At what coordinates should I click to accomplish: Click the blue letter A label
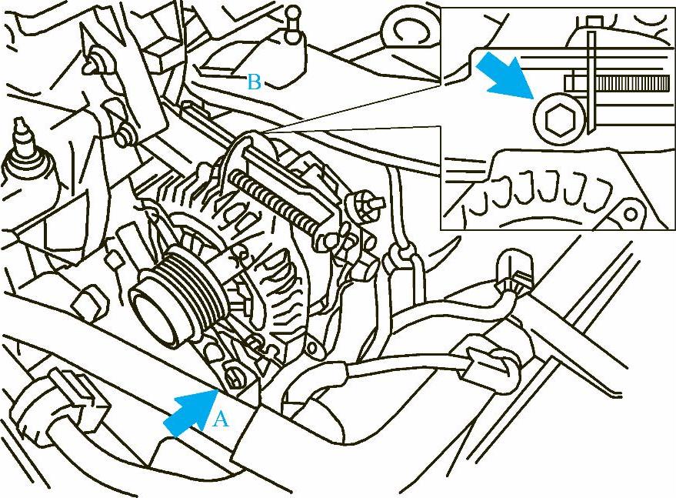pyautogui.click(x=221, y=419)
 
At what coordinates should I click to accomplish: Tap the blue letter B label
pyautogui.click(x=255, y=82)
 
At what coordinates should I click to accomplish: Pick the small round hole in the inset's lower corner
pyautogui.click(x=631, y=214)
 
